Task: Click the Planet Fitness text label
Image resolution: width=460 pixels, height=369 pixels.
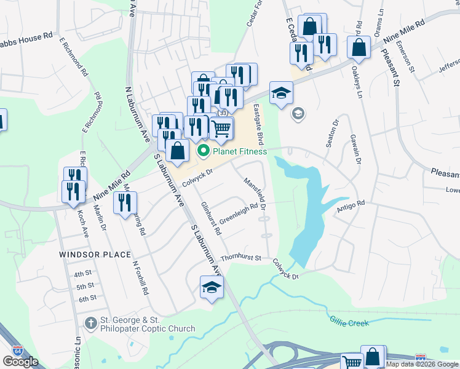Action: (240, 151)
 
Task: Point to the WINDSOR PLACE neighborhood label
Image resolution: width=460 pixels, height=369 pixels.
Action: (95, 255)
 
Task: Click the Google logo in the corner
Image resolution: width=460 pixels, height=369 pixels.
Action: (20, 362)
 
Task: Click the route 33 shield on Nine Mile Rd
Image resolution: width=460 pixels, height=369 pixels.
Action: (222, 113)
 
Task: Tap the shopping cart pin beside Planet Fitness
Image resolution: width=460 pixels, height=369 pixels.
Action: (221, 128)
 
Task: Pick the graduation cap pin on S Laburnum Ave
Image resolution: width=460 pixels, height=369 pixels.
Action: (211, 287)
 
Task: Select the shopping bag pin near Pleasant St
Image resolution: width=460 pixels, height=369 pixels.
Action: (359, 47)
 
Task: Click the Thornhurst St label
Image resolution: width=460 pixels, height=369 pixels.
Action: (241, 258)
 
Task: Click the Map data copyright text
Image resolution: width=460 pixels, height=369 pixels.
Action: (422, 364)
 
